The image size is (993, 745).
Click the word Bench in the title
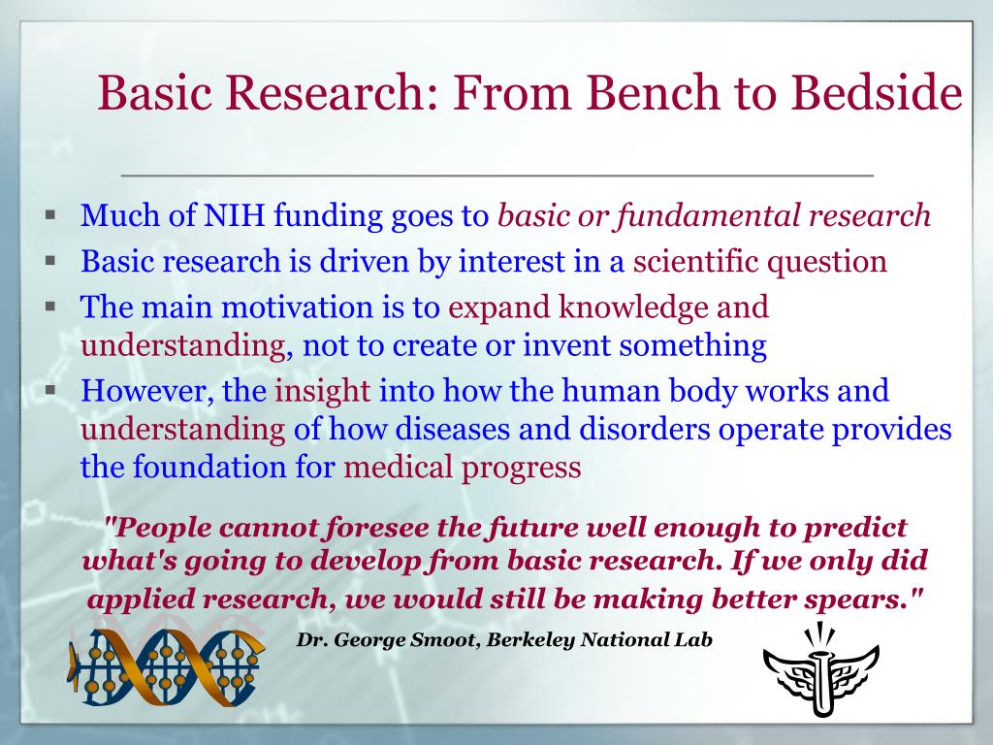click(x=653, y=92)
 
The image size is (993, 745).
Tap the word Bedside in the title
click(x=876, y=92)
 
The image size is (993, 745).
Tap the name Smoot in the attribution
click(x=442, y=640)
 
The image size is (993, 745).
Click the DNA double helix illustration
click(x=166, y=667)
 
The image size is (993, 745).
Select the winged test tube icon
click(x=821, y=669)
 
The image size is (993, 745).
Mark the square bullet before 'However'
click(x=50, y=390)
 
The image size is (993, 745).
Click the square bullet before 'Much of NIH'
click(x=50, y=214)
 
